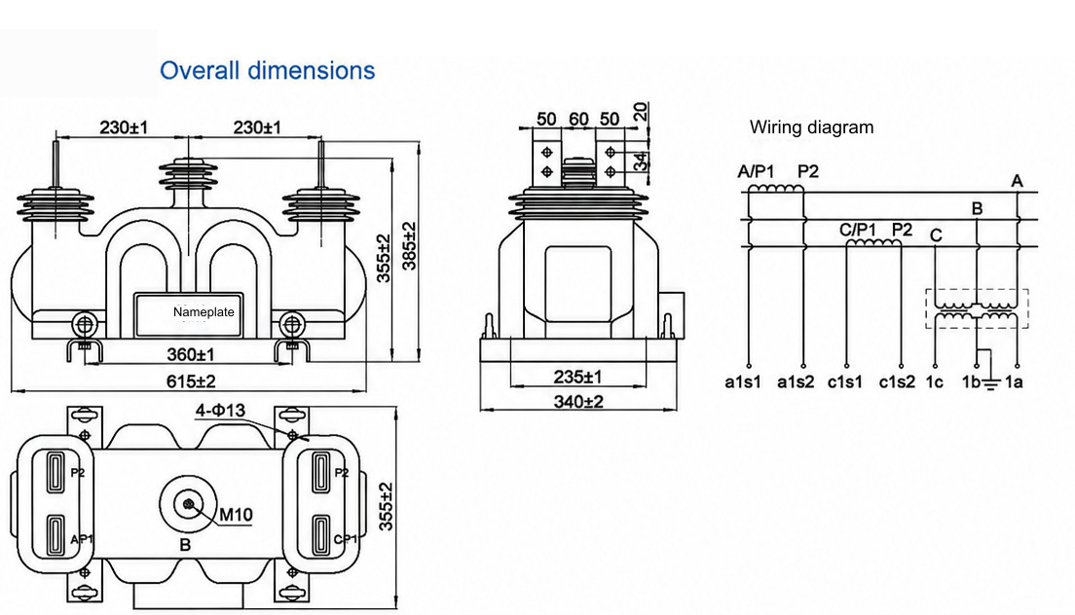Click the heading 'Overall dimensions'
point(268,70)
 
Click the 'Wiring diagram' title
point(812,127)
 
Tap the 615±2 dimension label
point(191,380)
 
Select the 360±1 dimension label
point(191,355)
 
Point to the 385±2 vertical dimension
point(409,246)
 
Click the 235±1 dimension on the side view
point(578,377)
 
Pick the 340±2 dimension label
point(578,401)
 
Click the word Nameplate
point(204,312)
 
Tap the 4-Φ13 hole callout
point(220,411)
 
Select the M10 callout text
point(236,515)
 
